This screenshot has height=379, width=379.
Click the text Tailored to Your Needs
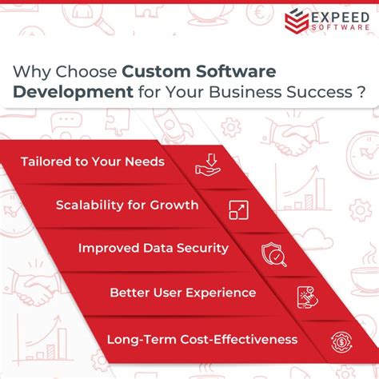[x=92, y=162]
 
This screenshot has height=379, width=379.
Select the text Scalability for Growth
[x=127, y=205]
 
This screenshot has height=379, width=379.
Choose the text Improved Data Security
[x=153, y=248]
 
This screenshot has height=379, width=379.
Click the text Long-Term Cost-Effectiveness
[x=201, y=339]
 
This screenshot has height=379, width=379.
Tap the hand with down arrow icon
[x=207, y=165]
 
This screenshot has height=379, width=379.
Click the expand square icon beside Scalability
[x=238, y=209]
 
